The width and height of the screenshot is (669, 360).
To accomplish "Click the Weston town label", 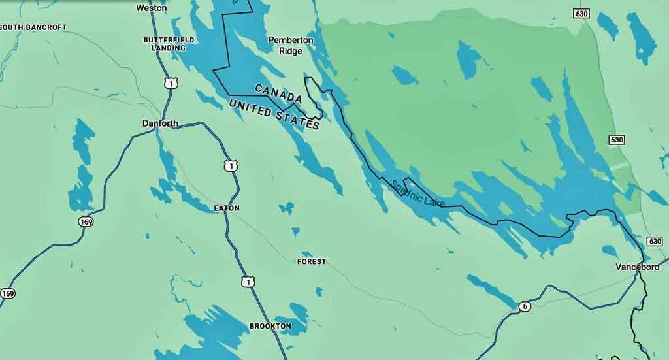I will click(151, 8).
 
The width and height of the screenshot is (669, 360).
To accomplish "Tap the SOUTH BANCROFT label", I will click(34, 27).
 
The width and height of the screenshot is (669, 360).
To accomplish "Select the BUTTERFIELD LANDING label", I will click(169, 44).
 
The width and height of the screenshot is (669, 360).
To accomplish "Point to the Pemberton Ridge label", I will click(291, 45).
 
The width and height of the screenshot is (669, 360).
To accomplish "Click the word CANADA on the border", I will click(278, 94).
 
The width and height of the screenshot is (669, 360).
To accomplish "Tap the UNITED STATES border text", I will click(274, 114).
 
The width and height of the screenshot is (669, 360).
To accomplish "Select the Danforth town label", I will click(160, 123).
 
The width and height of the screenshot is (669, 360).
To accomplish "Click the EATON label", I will click(227, 208).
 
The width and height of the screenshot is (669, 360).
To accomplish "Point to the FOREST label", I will click(311, 261).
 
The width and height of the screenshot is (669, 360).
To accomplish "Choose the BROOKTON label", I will click(270, 326).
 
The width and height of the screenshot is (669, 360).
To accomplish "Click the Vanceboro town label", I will click(637, 267).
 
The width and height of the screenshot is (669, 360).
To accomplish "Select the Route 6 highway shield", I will click(523, 306).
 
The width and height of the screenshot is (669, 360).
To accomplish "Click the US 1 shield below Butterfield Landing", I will click(170, 83).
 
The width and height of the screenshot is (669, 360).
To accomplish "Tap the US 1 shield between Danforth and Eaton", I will click(229, 166).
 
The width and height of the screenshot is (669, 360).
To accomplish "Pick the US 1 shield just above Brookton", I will click(247, 282).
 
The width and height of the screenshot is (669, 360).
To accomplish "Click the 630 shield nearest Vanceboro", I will click(655, 242).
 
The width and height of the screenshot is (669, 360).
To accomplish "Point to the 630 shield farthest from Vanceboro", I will click(580, 14).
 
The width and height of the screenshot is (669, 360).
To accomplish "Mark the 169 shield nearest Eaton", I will click(86, 221).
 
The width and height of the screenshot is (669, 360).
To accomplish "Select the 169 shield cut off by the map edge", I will click(7, 293).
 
